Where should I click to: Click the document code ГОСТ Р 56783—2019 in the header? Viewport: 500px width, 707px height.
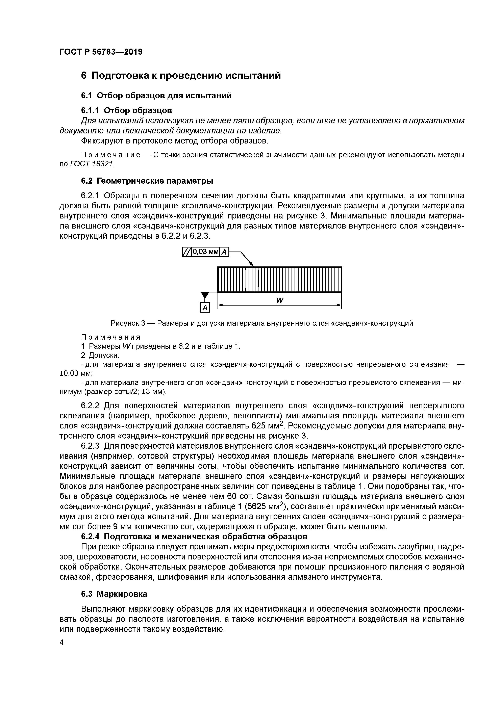[x=101, y=52]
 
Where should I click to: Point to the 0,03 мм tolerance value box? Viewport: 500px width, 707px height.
[x=205, y=252]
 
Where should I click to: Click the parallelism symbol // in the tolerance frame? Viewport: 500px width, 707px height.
[x=187, y=252]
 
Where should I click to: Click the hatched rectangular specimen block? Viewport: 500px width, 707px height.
[x=279, y=279]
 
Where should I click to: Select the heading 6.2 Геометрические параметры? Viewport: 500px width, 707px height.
[x=147, y=181]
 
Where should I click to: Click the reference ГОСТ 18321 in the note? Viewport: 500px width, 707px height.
[x=92, y=164]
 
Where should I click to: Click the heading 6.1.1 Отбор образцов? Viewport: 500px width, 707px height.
[x=126, y=110]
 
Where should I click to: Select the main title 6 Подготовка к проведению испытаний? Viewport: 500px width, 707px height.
[x=181, y=75]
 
